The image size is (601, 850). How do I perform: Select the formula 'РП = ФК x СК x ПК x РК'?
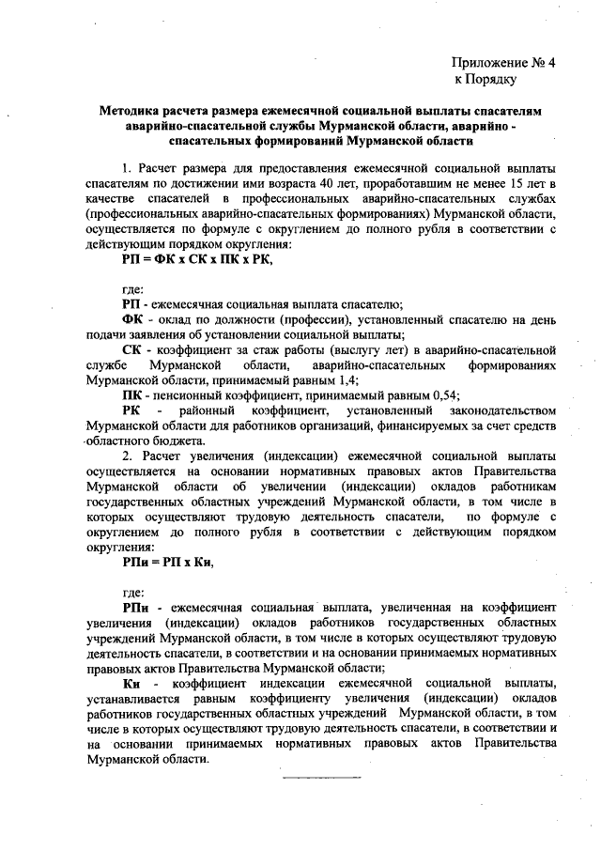196,257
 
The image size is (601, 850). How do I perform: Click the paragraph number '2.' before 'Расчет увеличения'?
127,456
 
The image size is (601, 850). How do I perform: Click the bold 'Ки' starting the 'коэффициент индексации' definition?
131,681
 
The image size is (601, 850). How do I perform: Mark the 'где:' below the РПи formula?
134,593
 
